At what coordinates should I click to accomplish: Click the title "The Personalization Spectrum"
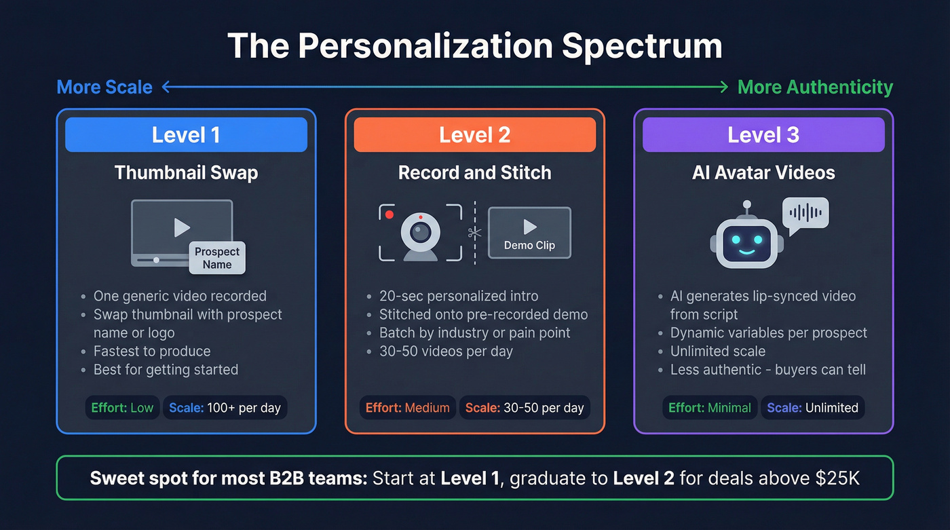(x=474, y=47)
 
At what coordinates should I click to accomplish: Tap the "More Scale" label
(x=104, y=87)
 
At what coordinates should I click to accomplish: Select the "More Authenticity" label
(x=815, y=87)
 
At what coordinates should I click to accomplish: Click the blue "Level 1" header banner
(x=186, y=134)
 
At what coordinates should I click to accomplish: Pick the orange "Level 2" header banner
(x=475, y=134)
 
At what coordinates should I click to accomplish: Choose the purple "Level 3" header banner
(x=763, y=134)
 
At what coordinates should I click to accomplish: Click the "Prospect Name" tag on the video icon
(x=217, y=258)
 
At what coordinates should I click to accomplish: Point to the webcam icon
(x=421, y=234)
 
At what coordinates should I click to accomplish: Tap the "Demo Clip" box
(x=529, y=233)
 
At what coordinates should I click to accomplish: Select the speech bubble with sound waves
(x=805, y=213)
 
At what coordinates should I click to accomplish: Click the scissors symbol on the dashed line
(x=474, y=233)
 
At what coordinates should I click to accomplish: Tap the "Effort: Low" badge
(x=123, y=408)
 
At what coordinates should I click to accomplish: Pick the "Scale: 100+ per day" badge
(x=225, y=408)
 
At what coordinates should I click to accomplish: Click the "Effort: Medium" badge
(x=408, y=408)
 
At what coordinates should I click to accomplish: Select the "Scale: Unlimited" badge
(x=812, y=408)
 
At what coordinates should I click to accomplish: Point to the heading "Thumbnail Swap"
(x=186, y=172)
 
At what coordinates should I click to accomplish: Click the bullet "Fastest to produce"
(x=152, y=352)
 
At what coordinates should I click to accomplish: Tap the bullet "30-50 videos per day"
(x=446, y=352)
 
